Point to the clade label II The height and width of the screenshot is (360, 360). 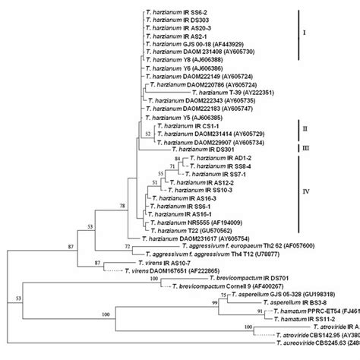pos(305,132)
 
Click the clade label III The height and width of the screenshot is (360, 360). pos(306,150)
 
